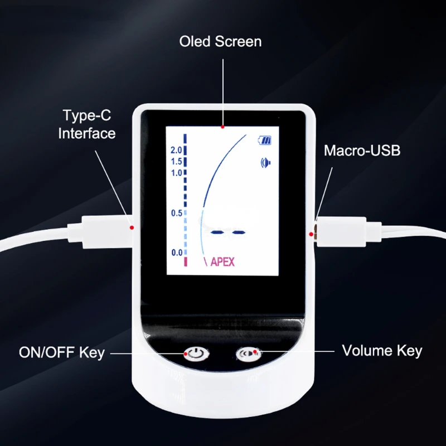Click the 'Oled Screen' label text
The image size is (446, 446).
(220, 42)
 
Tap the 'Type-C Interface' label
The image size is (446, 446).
(88, 124)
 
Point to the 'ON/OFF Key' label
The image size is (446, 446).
(62, 352)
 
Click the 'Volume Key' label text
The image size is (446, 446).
(382, 351)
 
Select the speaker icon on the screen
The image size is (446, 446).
(264, 163)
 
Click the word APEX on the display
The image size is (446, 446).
(222, 262)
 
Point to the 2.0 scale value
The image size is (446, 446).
(177, 150)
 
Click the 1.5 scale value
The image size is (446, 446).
(177, 162)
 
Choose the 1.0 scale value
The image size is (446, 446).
(177, 173)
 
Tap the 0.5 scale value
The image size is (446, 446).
(177, 213)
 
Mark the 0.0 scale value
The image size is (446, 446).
(177, 253)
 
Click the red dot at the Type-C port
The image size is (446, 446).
(132, 227)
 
